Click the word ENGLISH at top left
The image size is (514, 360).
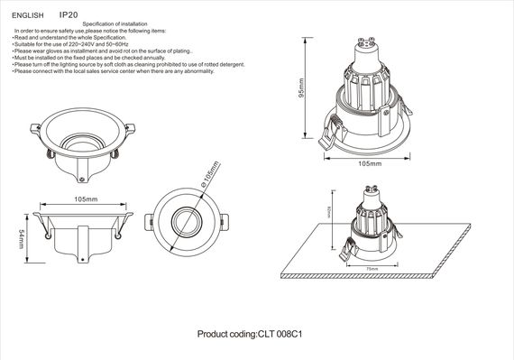click(x=27, y=15)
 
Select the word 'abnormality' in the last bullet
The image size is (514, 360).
click(x=197, y=71)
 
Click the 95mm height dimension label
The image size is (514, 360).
click(x=304, y=88)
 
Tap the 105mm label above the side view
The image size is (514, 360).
click(x=86, y=199)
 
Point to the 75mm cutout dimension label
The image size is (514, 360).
click(x=371, y=268)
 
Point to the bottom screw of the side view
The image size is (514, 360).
click(x=81, y=255)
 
